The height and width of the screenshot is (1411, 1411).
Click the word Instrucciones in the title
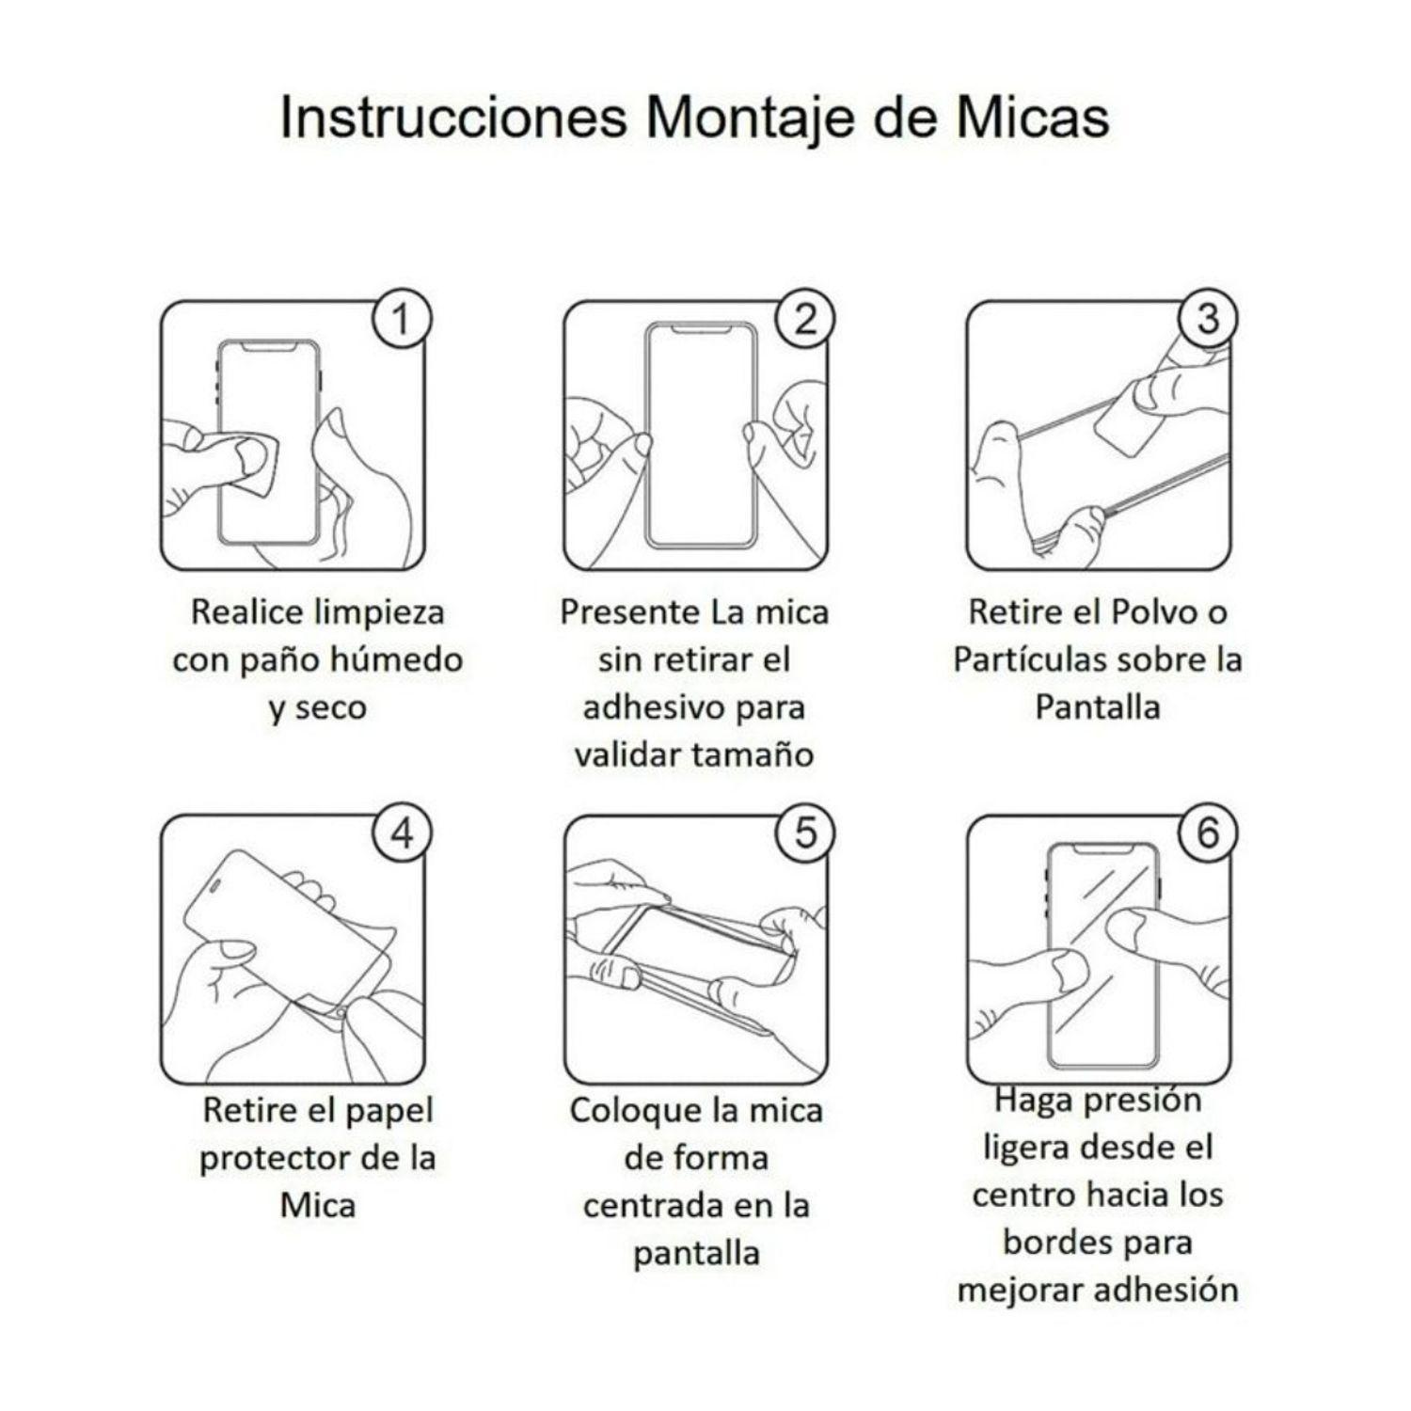(452, 119)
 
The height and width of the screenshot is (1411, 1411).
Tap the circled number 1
(402, 319)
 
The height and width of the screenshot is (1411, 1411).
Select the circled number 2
(805, 319)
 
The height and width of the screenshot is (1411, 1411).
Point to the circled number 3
(1208, 319)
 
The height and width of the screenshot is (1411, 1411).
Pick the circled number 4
(402, 832)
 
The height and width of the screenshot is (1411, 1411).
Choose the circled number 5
(805, 832)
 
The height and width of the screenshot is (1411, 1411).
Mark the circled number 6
(1208, 832)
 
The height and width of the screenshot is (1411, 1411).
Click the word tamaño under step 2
(756, 754)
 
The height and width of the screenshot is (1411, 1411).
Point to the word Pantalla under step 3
(1097, 707)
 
